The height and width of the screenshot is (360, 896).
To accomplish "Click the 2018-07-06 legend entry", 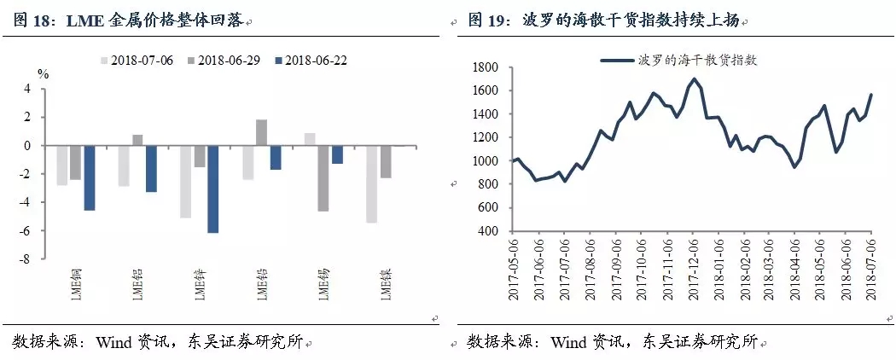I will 143,61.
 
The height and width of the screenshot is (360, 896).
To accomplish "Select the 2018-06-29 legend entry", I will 230,61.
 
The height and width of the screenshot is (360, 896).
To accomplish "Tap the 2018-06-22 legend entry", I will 317,61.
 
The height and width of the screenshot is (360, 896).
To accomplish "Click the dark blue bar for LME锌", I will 213,189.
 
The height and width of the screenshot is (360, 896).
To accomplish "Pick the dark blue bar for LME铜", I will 89,177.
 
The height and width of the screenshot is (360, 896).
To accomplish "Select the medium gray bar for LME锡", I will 324,178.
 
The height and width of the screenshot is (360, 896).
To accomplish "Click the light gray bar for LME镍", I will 371,184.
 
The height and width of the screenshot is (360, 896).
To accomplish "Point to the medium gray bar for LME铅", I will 262,132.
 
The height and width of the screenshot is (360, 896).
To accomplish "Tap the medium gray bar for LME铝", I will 137,140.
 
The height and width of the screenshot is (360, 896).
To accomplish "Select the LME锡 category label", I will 324,285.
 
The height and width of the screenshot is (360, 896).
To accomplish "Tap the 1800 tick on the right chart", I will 484,67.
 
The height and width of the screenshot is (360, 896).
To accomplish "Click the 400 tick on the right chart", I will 487,231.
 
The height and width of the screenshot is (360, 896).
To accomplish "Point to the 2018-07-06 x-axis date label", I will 870,266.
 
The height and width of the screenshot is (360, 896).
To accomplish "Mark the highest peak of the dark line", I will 694,79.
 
